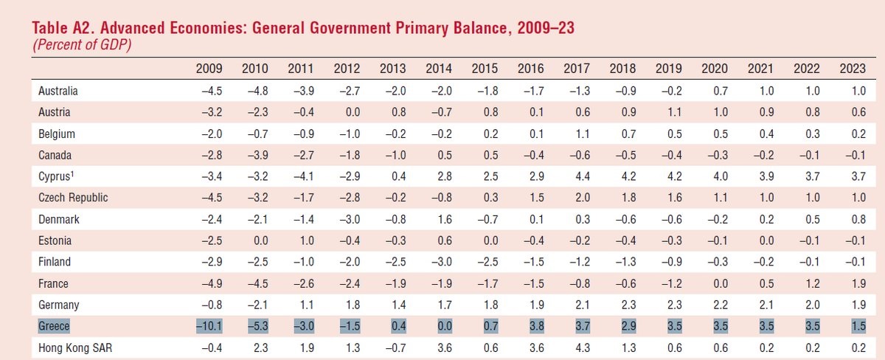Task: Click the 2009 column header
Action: click(x=209, y=69)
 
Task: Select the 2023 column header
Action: click(x=853, y=69)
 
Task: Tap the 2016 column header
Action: click(x=531, y=69)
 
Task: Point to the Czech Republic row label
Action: click(x=73, y=198)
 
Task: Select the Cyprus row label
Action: click(x=56, y=176)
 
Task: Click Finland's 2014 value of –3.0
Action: click(x=440, y=262)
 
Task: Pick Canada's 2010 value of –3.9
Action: click(x=255, y=156)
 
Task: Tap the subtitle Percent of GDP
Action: click(x=77, y=45)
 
